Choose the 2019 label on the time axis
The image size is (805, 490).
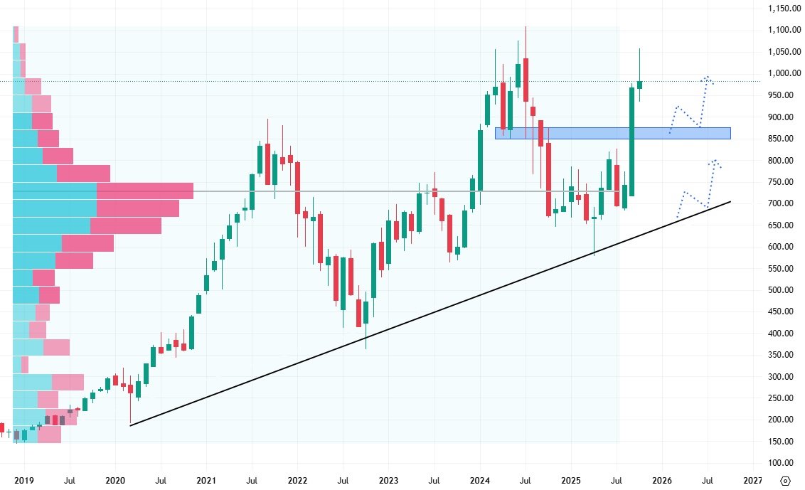[x=24, y=481]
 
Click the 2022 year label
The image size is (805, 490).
[x=297, y=481]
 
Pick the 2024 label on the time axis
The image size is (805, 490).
[x=479, y=481]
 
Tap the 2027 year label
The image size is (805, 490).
[x=753, y=481]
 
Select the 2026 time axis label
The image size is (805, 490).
[x=662, y=481]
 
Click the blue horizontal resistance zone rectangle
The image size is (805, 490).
[x=612, y=133]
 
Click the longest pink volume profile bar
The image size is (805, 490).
[x=145, y=191]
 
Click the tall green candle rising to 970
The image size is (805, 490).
[x=631, y=142]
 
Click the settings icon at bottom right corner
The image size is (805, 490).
[x=785, y=481]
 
